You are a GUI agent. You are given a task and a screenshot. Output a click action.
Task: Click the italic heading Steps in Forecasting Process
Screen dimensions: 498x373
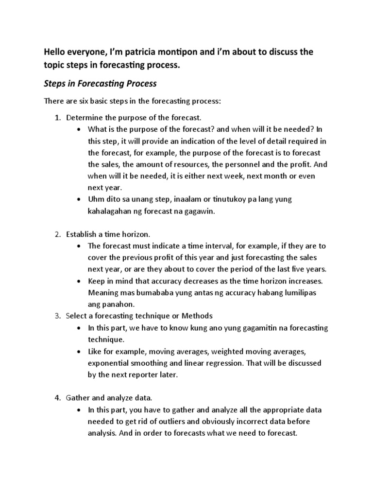tap(100, 83)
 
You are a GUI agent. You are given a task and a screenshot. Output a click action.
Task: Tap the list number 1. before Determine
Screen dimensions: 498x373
tap(58, 118)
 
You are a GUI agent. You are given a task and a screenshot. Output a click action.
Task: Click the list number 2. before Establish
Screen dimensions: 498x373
tap(58, 234)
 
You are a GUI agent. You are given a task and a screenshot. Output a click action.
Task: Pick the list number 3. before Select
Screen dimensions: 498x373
tap(58, 316)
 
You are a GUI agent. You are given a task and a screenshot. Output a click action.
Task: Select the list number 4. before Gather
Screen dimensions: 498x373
tap(58, 398)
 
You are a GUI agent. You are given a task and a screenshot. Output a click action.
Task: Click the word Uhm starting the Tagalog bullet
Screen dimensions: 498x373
tap(96, 199)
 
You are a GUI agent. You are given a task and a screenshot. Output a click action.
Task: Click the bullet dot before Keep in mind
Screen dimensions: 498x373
tap(79, 281)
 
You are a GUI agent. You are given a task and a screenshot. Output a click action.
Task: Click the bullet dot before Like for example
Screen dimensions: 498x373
tap(79, 351)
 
